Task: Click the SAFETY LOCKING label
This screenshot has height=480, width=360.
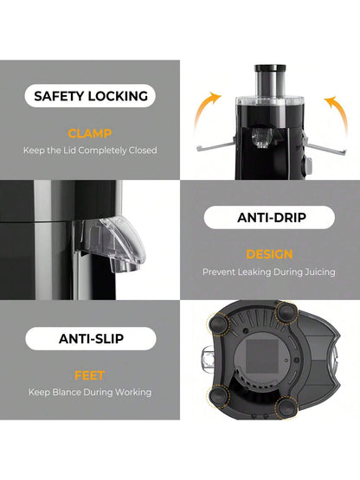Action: coord(91,96)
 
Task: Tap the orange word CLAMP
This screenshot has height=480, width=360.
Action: coord(90,133)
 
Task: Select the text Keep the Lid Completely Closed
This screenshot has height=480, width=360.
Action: coord(90,150)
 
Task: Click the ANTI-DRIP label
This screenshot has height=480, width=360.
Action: coord(272,218)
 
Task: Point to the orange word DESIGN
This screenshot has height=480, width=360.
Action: coord(269,254)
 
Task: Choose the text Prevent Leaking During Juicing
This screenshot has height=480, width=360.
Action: coord(268,272)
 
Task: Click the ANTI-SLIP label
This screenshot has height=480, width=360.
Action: coord(92,338)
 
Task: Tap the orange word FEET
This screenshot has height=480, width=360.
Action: coord(90,375)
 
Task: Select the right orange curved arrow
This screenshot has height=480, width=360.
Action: coord(339,112)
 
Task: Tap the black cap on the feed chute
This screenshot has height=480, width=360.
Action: coord(270,68)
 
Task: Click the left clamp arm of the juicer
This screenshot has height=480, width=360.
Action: coord(216,146)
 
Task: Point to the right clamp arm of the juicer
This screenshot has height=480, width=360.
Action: coord(325,147)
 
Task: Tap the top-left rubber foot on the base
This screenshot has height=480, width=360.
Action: coord(219,325)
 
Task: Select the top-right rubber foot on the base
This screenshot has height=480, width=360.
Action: coord(286,312)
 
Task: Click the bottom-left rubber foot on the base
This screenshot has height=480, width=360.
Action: coord(219,397)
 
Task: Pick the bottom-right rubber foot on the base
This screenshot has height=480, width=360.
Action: coord(286,407)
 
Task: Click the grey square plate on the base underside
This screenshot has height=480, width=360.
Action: coord(262,356)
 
